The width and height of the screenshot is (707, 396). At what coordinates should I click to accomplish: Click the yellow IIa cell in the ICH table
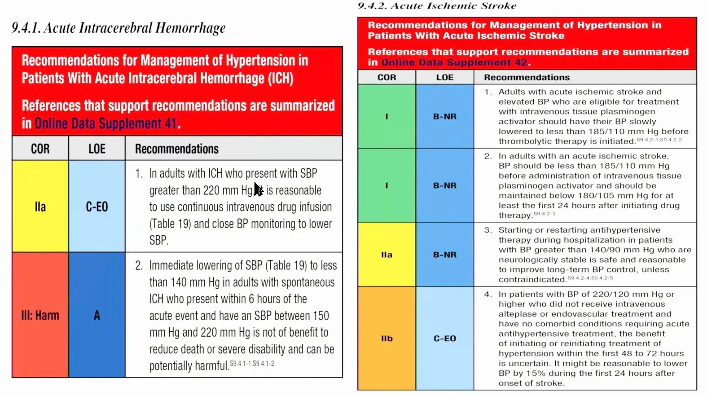pos(40,206)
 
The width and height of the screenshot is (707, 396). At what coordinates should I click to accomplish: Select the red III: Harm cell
pos(40,315)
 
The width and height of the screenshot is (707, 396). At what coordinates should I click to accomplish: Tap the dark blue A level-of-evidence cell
pos(97,315)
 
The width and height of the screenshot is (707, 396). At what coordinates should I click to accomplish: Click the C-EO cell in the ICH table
pos(97,206)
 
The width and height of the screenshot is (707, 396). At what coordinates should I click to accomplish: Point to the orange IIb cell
pos(386,338)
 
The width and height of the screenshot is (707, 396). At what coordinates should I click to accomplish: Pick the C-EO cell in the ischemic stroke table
pos(444,338)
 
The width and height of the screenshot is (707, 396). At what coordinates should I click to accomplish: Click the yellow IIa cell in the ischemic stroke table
pos(386,254)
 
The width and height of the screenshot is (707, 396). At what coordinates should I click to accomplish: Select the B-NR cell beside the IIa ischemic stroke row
pos(444,254)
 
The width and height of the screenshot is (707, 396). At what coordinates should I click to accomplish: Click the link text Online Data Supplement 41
pos(106,123)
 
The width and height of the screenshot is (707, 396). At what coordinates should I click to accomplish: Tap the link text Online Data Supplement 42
pos(454,62)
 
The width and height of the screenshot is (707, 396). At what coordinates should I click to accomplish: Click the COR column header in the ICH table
pos(40,148)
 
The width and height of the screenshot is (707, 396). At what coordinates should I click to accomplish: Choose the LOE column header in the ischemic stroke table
pos(444,77)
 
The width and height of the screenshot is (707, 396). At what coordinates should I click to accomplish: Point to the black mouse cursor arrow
pos(258,188)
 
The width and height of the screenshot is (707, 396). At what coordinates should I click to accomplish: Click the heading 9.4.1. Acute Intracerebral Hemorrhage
pos(119,28)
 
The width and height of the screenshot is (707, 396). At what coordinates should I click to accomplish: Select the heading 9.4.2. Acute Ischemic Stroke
pos(437,6)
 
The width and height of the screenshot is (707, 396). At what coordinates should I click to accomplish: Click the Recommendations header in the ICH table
pos(176,148)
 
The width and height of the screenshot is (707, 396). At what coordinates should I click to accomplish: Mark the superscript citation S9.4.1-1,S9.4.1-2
pos(252,363)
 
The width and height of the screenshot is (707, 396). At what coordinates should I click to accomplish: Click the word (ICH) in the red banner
pos(280,78)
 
